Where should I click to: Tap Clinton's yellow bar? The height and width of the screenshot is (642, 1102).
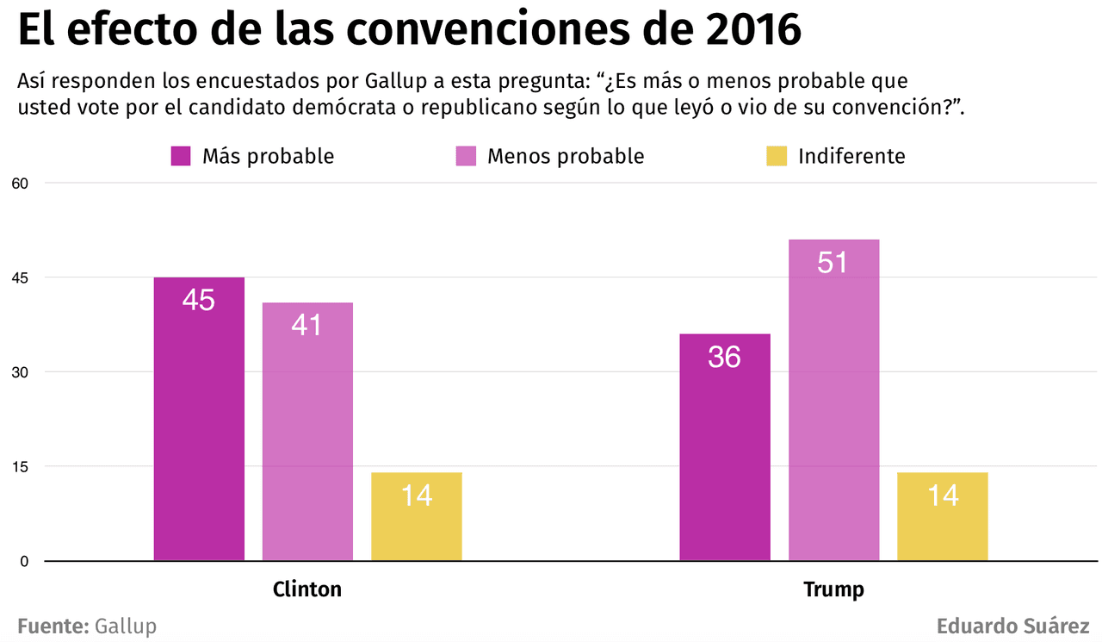coord(417,516)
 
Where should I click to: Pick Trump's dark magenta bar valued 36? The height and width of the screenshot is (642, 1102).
coord(724,447)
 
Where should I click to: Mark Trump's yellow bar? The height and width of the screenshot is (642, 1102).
coord(942,516)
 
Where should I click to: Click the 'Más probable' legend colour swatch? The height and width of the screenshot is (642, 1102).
coord(181,156)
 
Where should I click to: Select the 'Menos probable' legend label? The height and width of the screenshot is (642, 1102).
coord(566,156)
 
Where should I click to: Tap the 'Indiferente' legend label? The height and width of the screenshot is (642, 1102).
coord(851,156)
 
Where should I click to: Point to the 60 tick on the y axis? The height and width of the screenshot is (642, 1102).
coord(20,183)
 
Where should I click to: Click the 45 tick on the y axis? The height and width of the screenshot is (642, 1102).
coord(20,277)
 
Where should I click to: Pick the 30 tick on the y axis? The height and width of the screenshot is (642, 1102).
coord(20,372)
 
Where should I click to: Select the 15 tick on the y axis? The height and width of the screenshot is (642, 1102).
coord(20,466)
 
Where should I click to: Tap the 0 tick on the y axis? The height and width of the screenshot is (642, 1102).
coord(24,561)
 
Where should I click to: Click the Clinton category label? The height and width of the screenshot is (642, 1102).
coord(307,589)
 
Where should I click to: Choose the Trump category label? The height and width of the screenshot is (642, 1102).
coord(833,589)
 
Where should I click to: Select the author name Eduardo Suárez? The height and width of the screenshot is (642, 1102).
coord(1013,626)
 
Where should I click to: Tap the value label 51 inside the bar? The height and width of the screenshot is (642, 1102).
coord(833,262)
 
